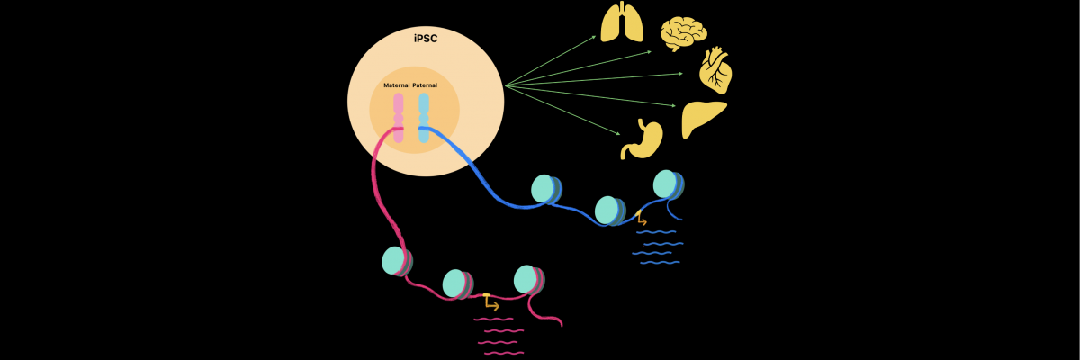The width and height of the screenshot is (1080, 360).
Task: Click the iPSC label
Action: click(x=425, y=39)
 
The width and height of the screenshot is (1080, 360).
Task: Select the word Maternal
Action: click(x=396, y=85)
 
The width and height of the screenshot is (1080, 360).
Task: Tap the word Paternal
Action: click(x=425, y=85)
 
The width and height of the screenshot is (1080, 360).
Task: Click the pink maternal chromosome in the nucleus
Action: click(x=398, y=117)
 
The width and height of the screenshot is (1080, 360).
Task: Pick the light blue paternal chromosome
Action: click(x=424, y=117)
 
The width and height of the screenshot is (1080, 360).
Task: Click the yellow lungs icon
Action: click(x=622, y=22)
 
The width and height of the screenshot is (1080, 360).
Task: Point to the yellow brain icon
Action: click(x=683, y=34)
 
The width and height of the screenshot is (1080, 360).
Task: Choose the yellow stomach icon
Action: click(x=642, y=140)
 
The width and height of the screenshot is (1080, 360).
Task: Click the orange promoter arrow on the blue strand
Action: click(x=641, y=219)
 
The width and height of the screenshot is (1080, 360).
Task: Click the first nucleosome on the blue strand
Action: click(x=544, y=189)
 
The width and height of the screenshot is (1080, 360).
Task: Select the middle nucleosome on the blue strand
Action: click(x=608, y=211)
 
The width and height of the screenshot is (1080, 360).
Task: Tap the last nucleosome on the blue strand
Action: click(x=667, y=184)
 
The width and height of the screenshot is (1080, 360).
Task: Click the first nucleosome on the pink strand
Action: click(x=395, y=261)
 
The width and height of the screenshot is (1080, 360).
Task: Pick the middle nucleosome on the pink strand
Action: click(x=456, y=283)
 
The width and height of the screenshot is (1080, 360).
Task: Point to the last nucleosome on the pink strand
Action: click(x=527, y=279)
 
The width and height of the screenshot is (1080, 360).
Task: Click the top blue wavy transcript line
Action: click(x=656, y=232)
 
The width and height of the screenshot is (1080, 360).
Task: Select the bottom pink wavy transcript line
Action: click(x=504, y=353)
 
